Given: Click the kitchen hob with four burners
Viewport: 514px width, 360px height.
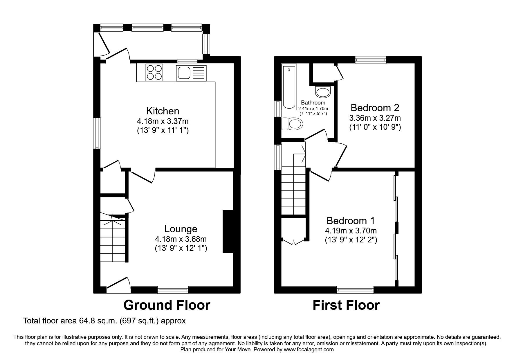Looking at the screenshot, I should click(154, 72).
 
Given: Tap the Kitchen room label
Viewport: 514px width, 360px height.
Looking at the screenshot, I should click(163, 111).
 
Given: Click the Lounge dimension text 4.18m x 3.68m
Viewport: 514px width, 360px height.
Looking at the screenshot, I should click(181, 239).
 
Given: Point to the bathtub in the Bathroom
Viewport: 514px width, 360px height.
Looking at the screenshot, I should click(289, 87).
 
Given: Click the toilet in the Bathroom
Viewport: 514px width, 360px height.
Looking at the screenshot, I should click(292, 124).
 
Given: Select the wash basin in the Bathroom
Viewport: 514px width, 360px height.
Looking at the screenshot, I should click(323, 92).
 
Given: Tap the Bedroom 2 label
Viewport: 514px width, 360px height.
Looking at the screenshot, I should click(375, 108).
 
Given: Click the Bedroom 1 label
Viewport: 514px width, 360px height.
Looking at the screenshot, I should click(351, 221).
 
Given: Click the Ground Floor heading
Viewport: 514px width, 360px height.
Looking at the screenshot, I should click(167, 305).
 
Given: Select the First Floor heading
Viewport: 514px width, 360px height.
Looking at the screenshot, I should click(346, 305).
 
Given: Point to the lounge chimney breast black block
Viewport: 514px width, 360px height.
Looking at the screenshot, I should click(228, 231).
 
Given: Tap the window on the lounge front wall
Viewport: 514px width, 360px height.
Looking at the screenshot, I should click(173, 289).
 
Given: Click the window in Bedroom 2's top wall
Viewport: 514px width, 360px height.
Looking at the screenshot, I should click(371, 60).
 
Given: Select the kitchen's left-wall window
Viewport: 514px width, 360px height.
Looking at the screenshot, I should click(97, 133).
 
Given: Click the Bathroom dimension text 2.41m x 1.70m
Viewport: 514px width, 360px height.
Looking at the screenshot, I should click(313, 108).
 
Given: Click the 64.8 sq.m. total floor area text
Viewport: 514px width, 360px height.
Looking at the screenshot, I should click(104, 321).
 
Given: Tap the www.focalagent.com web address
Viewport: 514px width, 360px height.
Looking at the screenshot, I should click(309, 350).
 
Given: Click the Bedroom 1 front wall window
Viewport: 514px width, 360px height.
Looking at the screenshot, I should click(355, 289).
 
